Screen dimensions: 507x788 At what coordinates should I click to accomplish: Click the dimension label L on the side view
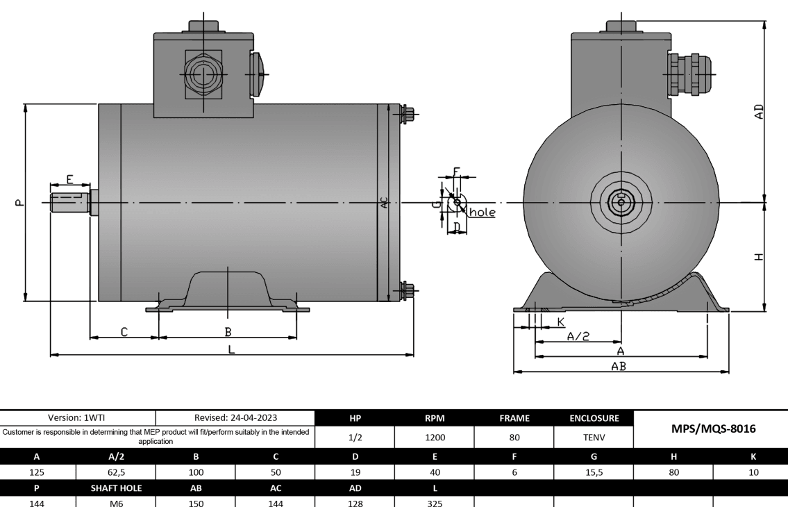click(232, 349)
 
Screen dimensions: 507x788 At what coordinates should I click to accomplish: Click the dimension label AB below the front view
click(619, 366)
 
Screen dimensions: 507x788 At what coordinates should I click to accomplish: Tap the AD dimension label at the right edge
click(759, 111)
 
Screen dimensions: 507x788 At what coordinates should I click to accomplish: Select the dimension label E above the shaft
click(70, 179)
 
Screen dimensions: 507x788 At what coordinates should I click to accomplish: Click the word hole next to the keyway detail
click(483, 213)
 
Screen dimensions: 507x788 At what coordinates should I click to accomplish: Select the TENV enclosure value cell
click(593, 438)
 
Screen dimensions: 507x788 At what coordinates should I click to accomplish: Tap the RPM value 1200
click(434, 438)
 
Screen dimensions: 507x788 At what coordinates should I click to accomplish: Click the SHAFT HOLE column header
click(116, 488)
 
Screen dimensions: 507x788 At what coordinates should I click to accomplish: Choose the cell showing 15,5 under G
click(593, 472)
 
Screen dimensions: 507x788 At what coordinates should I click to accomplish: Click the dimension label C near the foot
click(124, 332)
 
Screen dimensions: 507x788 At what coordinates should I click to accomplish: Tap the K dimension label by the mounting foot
click(560, 322)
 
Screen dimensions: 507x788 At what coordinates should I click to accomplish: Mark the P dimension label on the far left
click(19, 203)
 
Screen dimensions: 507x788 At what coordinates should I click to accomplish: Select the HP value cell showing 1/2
click(355, 438)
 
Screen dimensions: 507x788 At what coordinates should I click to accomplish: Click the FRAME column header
click(514, 418)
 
